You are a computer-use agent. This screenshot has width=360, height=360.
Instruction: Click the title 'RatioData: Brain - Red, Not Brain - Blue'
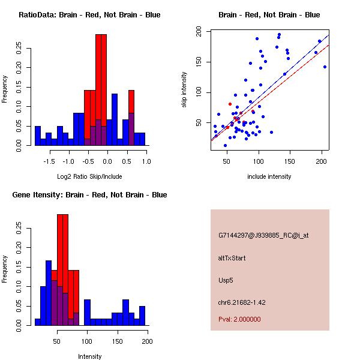point(89,15)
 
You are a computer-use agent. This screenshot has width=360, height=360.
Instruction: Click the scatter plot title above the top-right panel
point(269,15)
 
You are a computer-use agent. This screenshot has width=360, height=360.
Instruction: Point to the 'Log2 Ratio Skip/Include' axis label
point(88,176)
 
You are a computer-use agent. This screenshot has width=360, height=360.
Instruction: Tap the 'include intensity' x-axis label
point(269,176)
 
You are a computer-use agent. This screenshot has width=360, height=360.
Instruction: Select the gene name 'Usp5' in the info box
point(226,280)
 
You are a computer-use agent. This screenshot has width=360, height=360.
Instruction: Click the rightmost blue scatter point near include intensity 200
point(325,67)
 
